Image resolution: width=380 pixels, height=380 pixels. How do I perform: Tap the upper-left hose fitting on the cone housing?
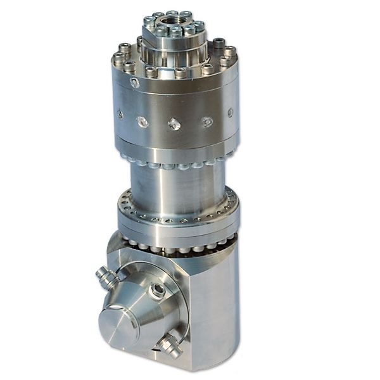(x=106, y=276)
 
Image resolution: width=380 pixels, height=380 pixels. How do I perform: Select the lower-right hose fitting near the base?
(x=169, y=346)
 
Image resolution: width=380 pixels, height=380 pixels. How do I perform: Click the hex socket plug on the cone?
(x=156, y=290)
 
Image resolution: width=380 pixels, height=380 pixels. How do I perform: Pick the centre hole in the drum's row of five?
(x=174, y=124)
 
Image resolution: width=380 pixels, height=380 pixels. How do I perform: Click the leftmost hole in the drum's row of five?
(x=120, y=115)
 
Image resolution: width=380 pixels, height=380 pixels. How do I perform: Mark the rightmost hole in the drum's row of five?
(x=230, y=113)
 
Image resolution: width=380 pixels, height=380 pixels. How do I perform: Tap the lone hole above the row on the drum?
(x=135, y=83)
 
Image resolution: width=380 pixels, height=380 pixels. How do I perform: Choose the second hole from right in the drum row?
(x=207, y=121)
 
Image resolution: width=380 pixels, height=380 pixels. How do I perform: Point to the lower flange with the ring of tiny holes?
(x=177, y=212)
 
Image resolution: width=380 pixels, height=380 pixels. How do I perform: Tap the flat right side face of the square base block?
(x=218, y=304)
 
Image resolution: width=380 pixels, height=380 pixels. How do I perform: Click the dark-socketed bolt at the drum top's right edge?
(x=218, y=44)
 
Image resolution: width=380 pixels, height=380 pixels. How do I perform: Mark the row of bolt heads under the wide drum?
(x=174, y=163)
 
